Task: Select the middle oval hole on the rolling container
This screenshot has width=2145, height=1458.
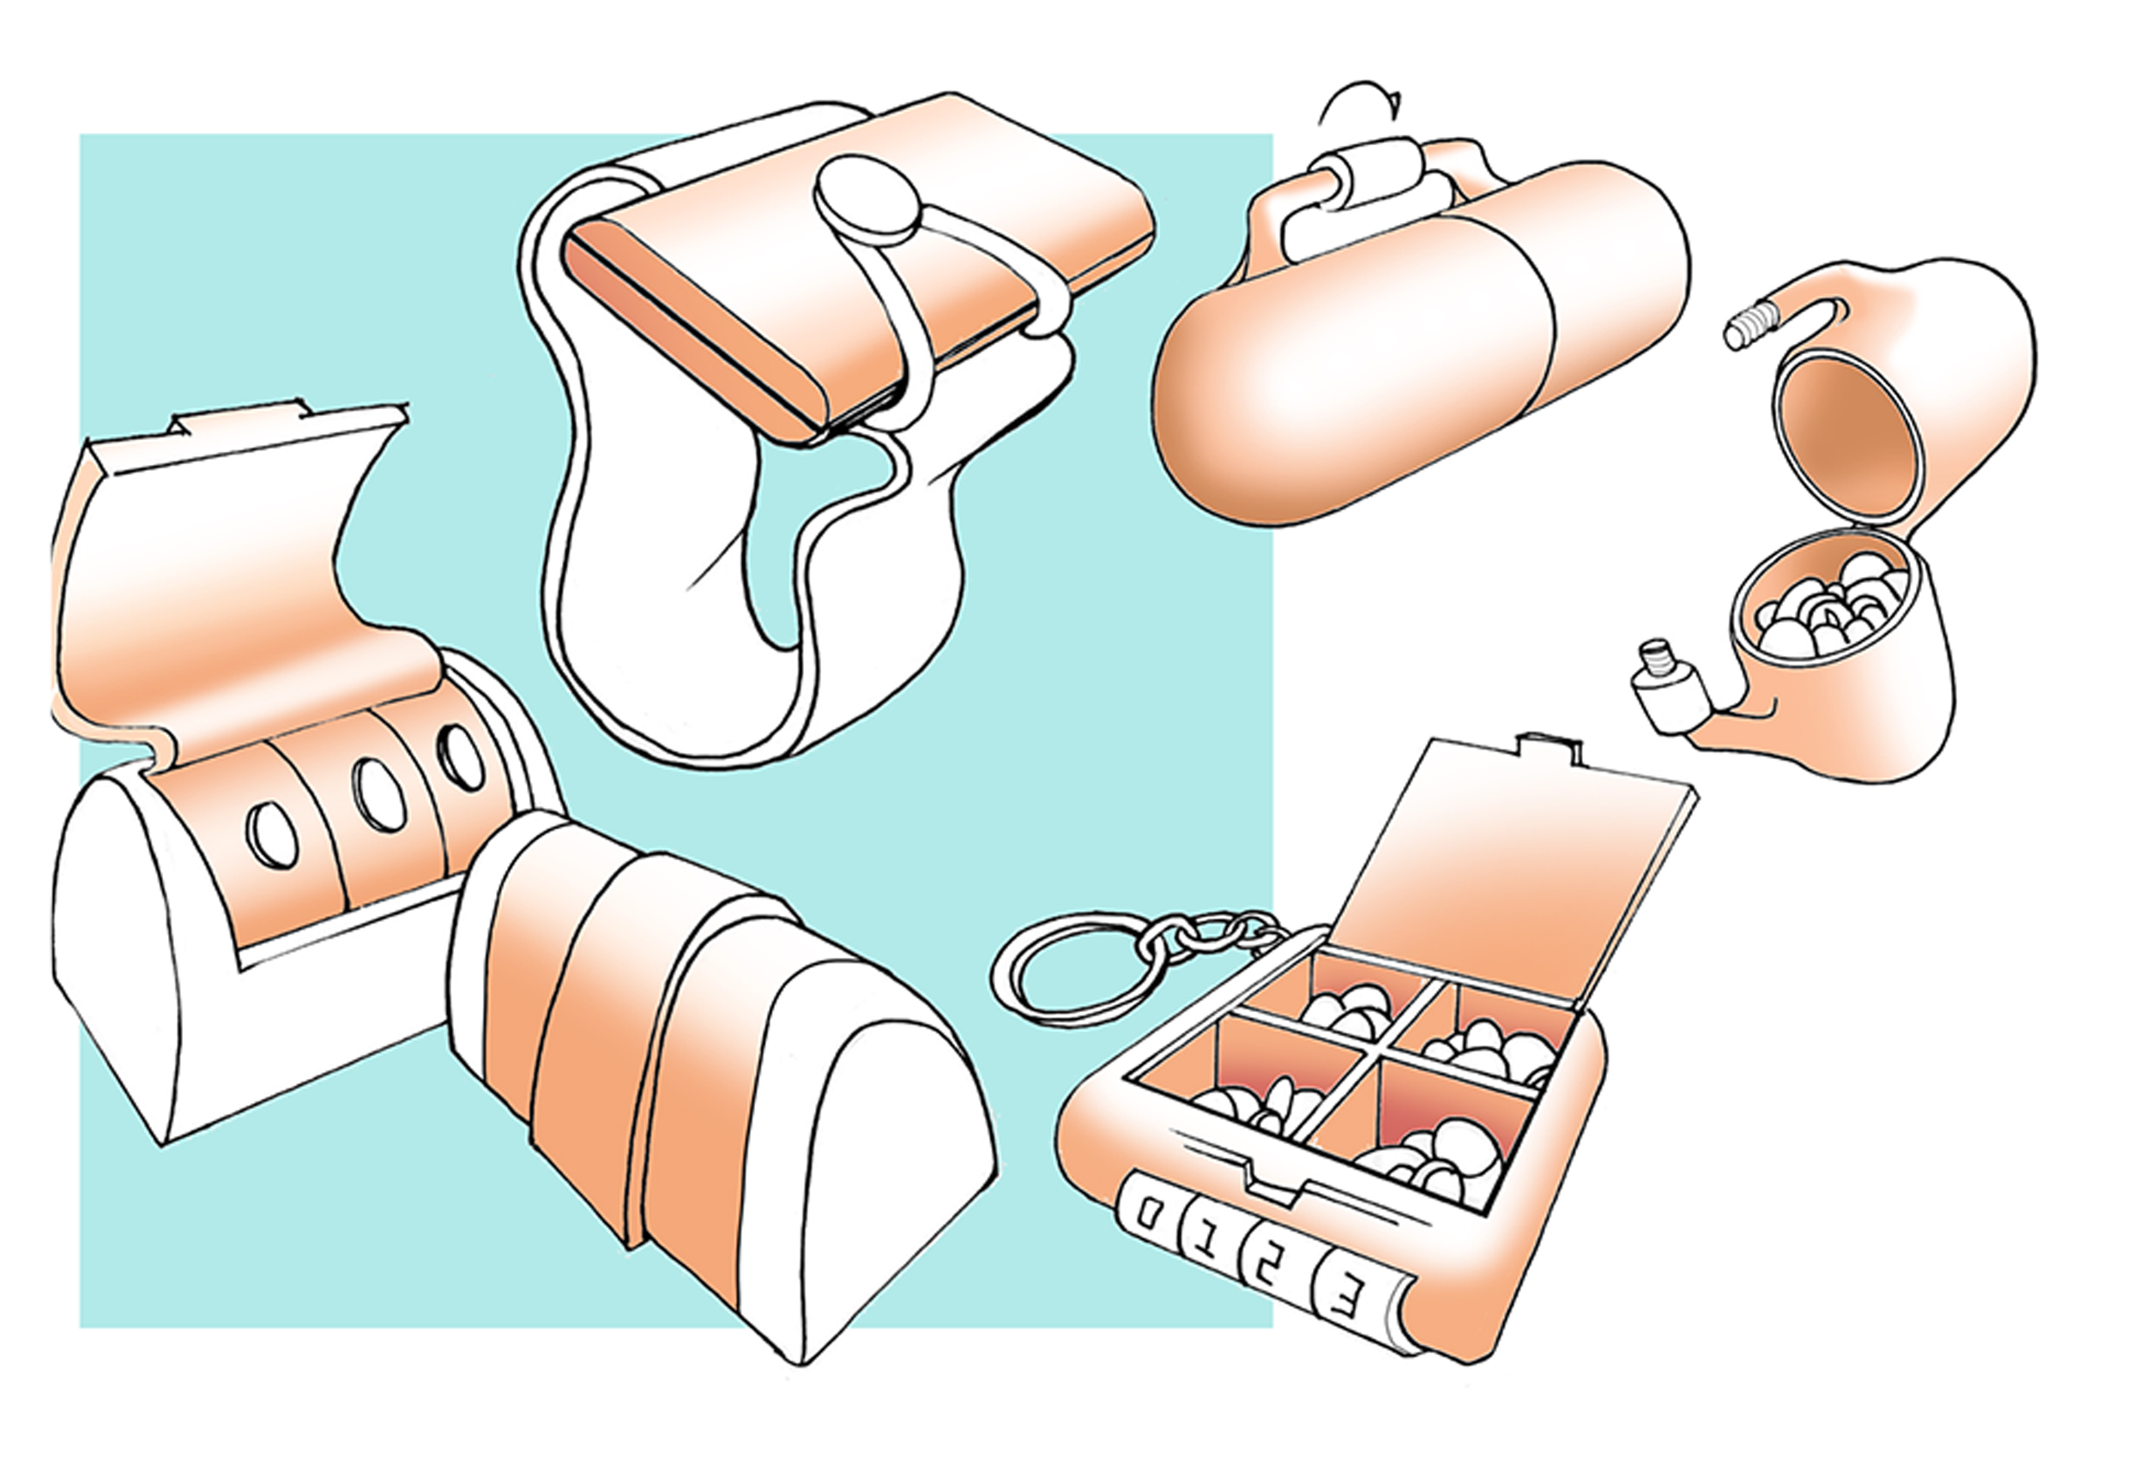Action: click(378, 794)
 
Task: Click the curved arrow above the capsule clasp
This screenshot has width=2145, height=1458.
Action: click(1356, 101)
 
